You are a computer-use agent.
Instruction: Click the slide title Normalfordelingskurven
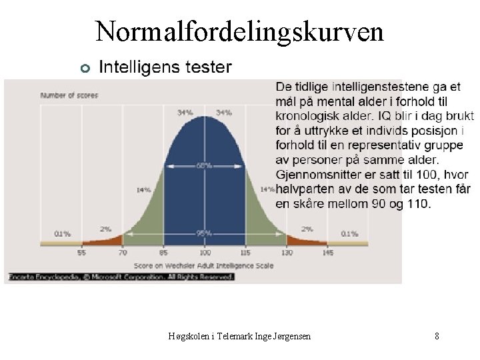[239, 31]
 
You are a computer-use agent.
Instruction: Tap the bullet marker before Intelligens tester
[84, 68]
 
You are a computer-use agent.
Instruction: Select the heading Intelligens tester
[165, 67]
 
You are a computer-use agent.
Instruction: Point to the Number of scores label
[69, 95]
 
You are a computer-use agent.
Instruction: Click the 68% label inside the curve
[204, 165]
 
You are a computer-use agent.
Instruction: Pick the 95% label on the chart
[204, 233]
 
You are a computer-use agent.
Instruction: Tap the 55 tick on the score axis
[81, 253]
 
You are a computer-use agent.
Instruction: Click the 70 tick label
[122, 253]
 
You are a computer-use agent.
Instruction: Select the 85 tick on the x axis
[163, 253]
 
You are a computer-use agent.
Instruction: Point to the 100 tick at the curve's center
[205, 253]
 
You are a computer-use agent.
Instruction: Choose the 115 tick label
[245, 253]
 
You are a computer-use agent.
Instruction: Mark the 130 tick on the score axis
[287, 253]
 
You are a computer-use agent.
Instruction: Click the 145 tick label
[328, 253]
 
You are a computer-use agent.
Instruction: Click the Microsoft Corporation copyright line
[120, 276]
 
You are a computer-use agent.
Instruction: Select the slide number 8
[437, 337]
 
